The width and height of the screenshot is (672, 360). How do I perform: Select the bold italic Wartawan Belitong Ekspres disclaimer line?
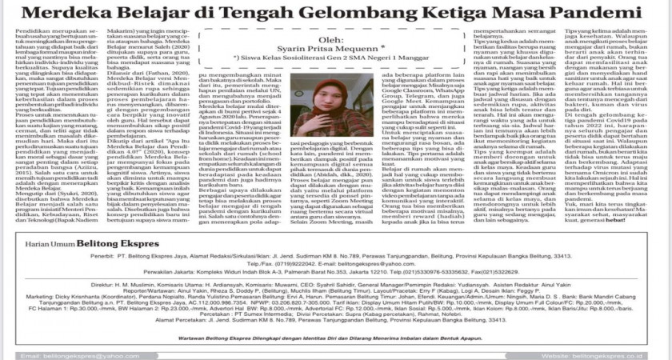(x=335, y=338)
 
